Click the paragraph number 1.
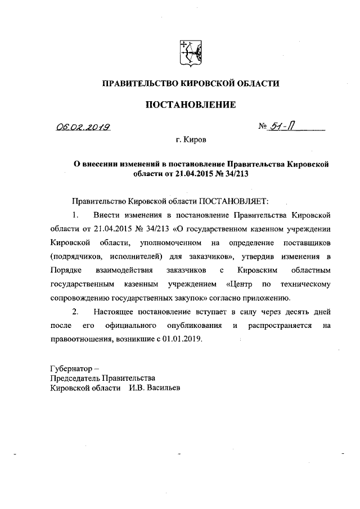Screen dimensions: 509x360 coord(75,215)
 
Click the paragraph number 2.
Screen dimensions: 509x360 coord(75,311)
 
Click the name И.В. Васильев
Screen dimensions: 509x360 coord(154,388)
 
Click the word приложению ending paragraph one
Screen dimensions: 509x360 coord(268,298)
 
